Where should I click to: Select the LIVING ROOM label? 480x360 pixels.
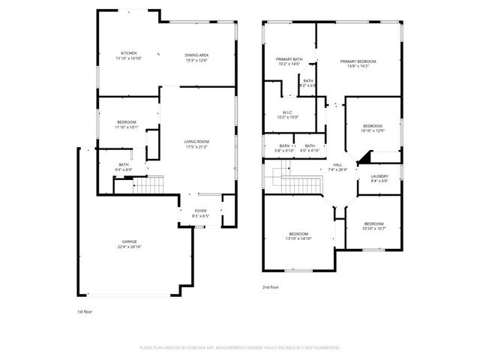click(x=197, y=142)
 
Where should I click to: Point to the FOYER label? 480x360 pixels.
click(x=200, y=211)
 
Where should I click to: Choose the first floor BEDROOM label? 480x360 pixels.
click(x=126, y=122)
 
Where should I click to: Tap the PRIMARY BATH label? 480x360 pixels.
click(x=289, y=59)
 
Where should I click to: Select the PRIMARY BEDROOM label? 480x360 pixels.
click(x=358, y=61)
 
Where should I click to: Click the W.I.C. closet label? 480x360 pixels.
click(x=288, y=113)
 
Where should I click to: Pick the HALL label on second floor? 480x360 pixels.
click(x=337, y=165)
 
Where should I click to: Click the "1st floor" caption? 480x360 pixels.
click(x=85, y=310)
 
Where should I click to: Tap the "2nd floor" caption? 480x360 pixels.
click(x=271, y=286)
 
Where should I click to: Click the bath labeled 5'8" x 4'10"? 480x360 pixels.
click(x=284, y=148)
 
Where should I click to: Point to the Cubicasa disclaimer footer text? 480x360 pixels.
click(x=240, y=347)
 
